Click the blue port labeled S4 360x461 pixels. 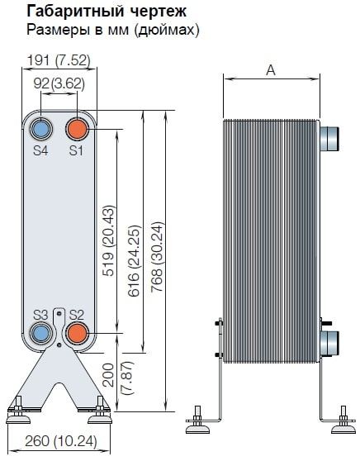click(x=41, y=130)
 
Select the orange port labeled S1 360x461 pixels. click(x=77, y=130)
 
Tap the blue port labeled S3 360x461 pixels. click(x=41, y=332)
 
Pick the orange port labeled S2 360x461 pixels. click(x=77, y=332)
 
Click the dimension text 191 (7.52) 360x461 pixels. click(x=58, y=60)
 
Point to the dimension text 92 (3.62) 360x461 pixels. click(x=59, y=83)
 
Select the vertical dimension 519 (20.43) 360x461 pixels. click(x=108, y=240)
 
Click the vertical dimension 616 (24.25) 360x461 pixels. click(x=134, y=261)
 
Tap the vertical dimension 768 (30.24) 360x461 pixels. click(x=157, y=257)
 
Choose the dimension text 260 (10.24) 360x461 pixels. click(x=61, y=441)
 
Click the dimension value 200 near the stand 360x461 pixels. click(x=108, y=375)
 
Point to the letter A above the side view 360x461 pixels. click(x=271, y=70)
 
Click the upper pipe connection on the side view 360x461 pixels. click(x=329, y=139)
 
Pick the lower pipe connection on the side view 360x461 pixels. click(x=329, y=344)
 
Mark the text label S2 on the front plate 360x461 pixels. click(x=77, y=315)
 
